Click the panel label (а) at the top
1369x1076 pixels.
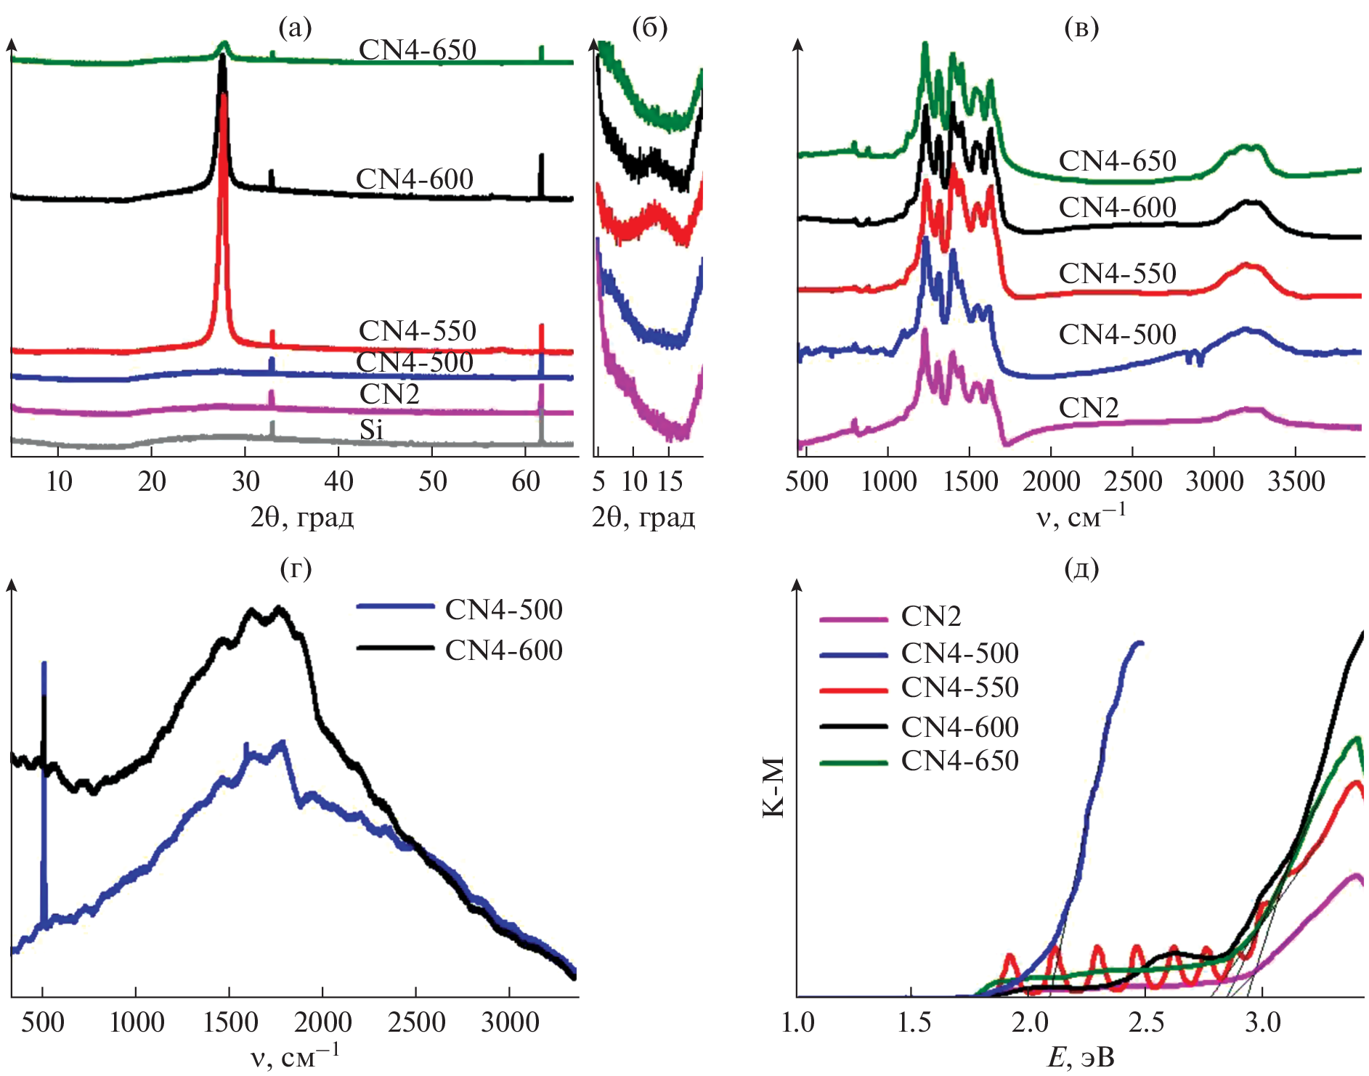tap(295, 28)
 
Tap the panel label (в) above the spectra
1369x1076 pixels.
tap(1081, 28)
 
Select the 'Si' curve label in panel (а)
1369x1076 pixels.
tap(371, 430)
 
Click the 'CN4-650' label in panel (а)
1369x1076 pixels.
tap(418, 49)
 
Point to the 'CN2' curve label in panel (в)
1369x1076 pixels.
tap(1088, 408)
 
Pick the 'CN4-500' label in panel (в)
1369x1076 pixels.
tap(1117, 334)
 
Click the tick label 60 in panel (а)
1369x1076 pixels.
tap(525, 481)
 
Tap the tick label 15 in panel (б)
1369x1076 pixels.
tap(670, 481)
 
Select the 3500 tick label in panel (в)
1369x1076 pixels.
tap(1296, 481)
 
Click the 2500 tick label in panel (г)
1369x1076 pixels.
tap(416, 1022)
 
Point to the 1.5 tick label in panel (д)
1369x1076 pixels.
tap(914, 1022)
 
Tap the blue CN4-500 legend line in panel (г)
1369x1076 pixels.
tap(396, 606)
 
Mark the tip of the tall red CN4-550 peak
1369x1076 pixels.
tap(224, 94)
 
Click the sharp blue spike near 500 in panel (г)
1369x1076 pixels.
tap(44, 664)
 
